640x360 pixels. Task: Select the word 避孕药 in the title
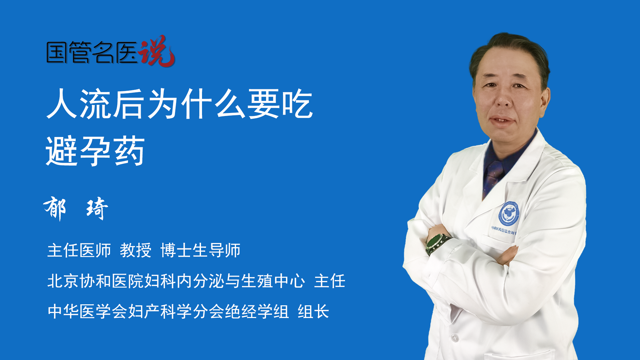click(95, 151)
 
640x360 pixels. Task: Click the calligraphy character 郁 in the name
click(55, 208)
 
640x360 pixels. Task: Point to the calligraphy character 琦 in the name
click(97, 209)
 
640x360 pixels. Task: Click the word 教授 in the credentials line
click(136, 250)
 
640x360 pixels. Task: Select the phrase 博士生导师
click(200, 250)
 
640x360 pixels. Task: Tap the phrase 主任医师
click(79, 250)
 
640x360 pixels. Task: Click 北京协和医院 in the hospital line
click(96, 281)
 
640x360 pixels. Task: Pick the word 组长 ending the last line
click(313, 312)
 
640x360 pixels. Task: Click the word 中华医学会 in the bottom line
click(87, 312)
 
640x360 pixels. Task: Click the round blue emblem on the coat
click(509, 213)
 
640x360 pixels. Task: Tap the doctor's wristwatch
click(437, 243)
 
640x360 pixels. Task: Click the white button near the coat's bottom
click(454, 337)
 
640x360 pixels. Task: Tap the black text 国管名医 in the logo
click(92, 52)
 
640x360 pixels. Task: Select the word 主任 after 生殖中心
click(330, 281)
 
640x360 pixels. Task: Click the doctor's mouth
click(502, 120)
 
